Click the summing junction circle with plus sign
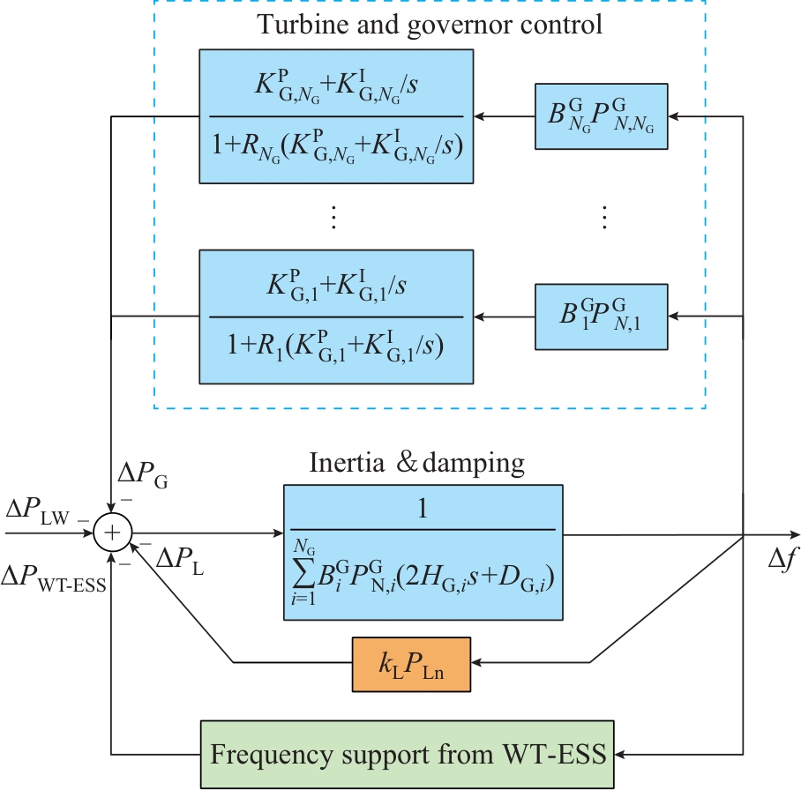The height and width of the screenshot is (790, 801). coord(113,533)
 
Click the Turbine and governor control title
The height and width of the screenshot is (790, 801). coord(430,24)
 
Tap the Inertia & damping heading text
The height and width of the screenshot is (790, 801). coord(417,462)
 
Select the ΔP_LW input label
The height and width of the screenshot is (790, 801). coord(36,511)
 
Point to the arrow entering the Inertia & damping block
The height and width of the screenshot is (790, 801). coord(275,533)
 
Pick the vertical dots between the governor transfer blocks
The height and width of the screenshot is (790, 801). coord(334,217)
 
